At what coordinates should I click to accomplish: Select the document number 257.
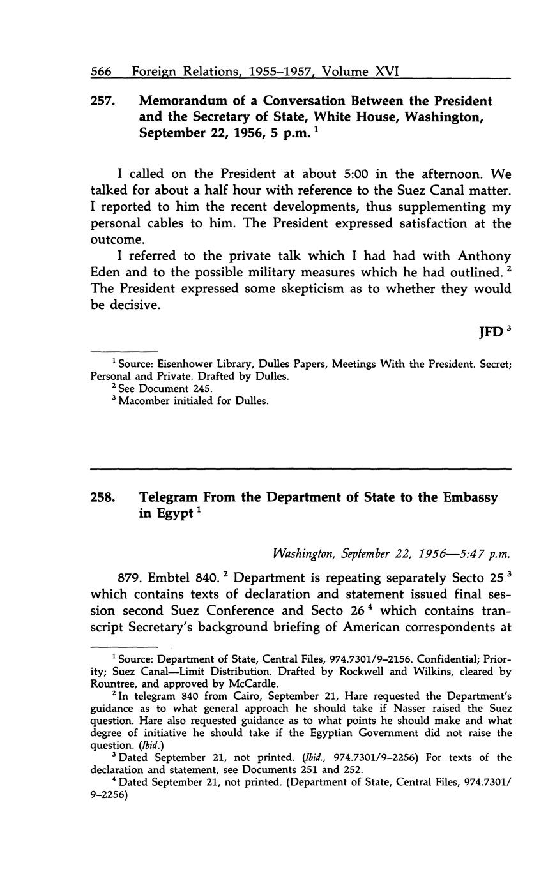point(102,101)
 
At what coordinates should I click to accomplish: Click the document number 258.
point(102,497)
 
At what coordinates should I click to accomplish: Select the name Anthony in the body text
point(484,256)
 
